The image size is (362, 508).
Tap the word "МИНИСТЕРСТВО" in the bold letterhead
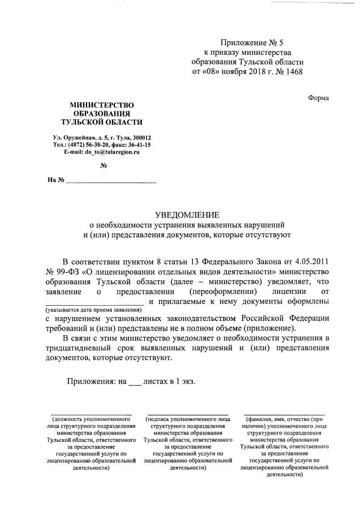102,105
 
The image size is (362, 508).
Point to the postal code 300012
140,137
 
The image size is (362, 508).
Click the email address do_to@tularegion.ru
109,152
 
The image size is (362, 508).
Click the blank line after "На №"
111,183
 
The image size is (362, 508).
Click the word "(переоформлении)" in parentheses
224,292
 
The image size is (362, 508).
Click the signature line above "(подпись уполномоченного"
187,414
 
